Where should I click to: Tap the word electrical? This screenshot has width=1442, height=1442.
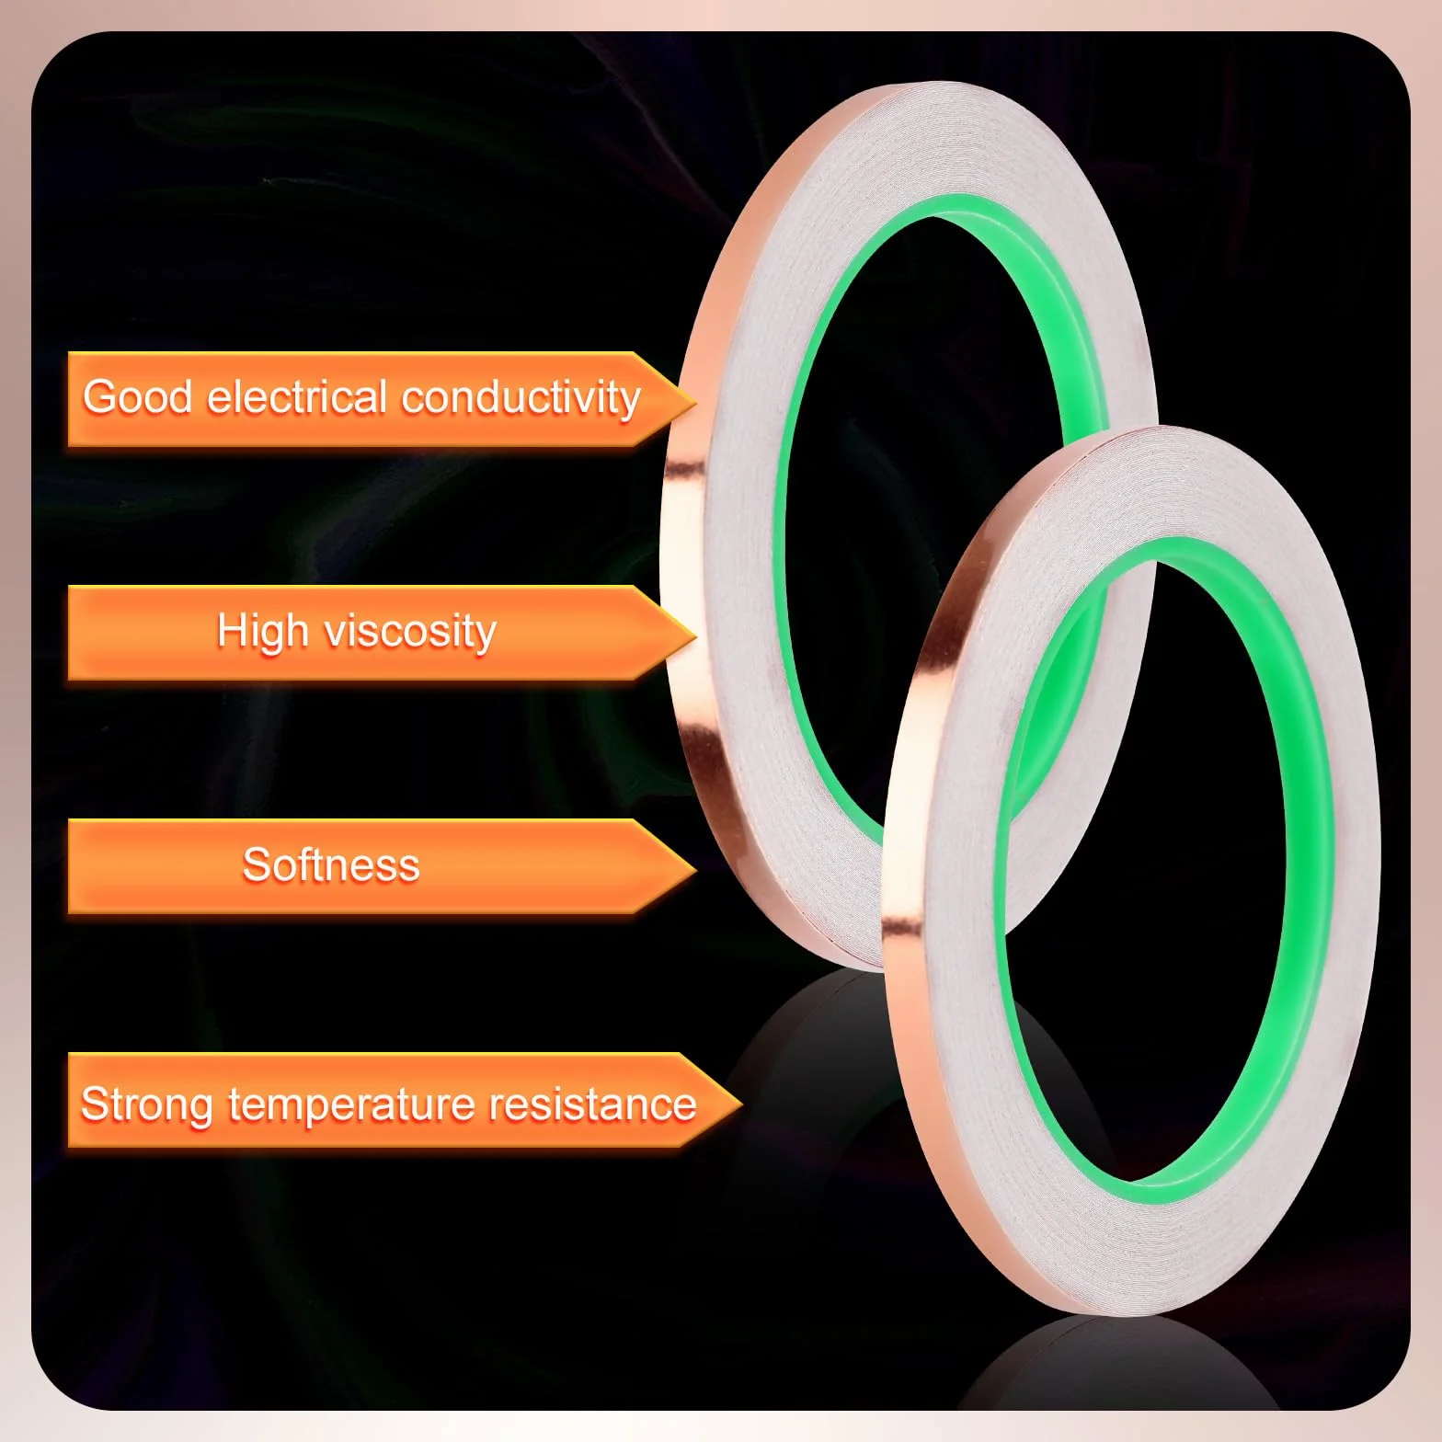coord(297,397)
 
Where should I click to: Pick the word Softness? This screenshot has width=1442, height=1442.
coord(331,864)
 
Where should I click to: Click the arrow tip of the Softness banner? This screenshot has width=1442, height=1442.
coord(695,866)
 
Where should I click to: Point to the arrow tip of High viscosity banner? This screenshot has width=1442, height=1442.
coord(695,633)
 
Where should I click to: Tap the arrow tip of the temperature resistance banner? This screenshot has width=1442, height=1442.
coord(740,1100)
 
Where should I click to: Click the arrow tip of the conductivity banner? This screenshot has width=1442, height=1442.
coord(695,399)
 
